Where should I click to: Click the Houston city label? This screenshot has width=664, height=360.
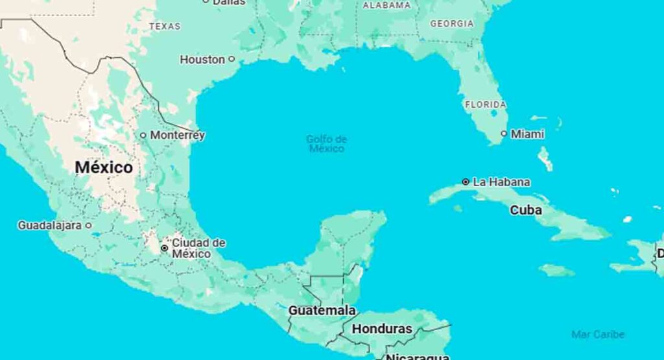click(x=202, y=59)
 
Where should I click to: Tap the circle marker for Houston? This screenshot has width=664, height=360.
click(x=231, y=59)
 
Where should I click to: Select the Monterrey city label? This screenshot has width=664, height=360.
click(x=177, y=135)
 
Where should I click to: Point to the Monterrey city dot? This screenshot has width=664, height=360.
click(x=143, y=135)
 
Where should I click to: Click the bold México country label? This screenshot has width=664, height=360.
click(x=104, y=167)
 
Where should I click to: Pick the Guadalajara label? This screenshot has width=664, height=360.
click(x=49, y=226)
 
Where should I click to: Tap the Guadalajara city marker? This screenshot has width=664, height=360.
click(x=89, y=226)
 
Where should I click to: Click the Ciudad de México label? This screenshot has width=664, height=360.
click(x=198, y=248)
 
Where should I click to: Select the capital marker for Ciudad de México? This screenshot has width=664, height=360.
click(x=165, y=248)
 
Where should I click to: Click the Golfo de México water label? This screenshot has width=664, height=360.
click(x=326, y=143)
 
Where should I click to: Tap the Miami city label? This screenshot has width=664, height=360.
click(x=527, y=134)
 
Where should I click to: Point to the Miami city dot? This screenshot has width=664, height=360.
click(x=504, y=134)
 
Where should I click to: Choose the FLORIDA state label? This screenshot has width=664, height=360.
click(x=485, y=104)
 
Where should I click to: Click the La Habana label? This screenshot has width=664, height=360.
click(x=501, y=182)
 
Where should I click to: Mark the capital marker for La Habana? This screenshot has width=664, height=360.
click(x=466, y=182)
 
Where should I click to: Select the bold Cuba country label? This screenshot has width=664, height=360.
click(x=526, y=210)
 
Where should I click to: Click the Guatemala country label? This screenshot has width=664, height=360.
click(x=322, y=310)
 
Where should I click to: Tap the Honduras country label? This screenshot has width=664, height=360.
click(x=381, y=329)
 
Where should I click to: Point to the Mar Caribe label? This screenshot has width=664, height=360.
click(x=598, y=334)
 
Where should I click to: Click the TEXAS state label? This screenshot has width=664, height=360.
click(x=165, y=27)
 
